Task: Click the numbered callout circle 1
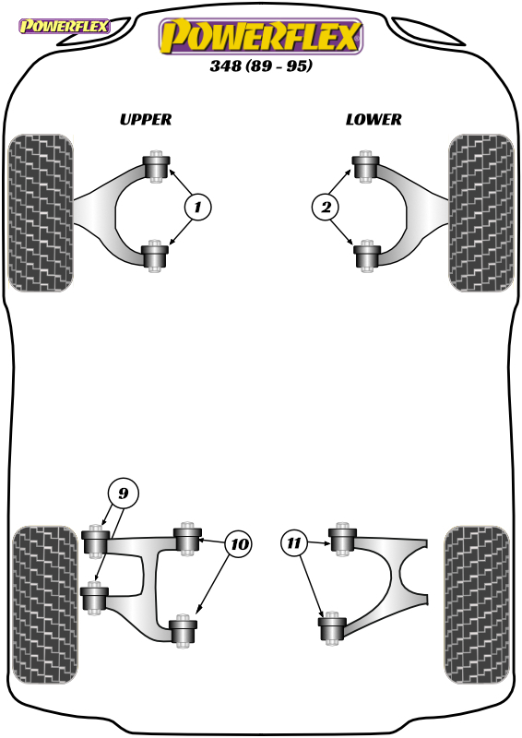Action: (x=197, y=207)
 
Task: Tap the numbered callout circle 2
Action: (x=326, y=207)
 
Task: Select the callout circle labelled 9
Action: (x=123, y=493)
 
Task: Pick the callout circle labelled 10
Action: (x=239, y=544)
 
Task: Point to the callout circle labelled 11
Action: (x=294, y=542)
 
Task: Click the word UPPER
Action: (x=146, y=120)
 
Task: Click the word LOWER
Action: (x=374, y=120)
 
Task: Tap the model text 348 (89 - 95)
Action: (x=261, y=65)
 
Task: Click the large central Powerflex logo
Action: (x=261, y=36)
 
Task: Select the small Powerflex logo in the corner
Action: (x=64, y=27)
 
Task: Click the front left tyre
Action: (x=41, y=213)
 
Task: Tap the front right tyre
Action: (x=481, y=213)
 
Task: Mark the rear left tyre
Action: (x=44, y=605)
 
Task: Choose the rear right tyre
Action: (x=477, y=605)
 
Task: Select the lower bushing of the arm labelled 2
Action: (x=366, y=256)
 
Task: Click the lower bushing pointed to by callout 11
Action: (x=332, y=627)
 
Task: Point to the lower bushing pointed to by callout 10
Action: (x=184, y=630)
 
